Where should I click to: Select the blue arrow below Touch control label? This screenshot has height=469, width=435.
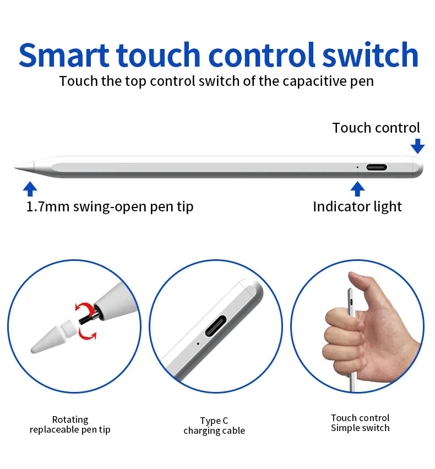417,146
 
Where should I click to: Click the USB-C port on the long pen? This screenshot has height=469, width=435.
377,167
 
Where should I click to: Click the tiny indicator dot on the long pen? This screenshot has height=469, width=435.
357,167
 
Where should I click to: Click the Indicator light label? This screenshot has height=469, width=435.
357,207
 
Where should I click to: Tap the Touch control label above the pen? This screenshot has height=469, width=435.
376,128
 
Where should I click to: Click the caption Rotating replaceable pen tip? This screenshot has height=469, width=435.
70,424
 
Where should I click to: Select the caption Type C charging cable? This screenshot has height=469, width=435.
214,426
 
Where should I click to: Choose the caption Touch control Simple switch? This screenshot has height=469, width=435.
360,423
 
